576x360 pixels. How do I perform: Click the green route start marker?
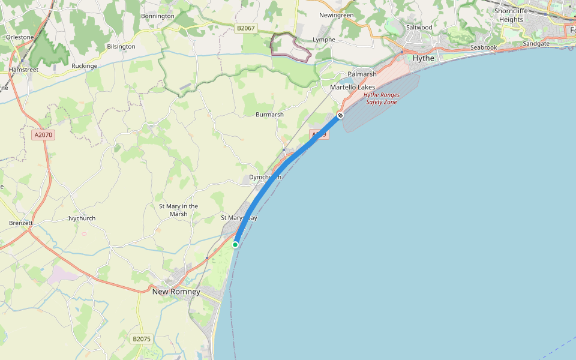pos(236,244)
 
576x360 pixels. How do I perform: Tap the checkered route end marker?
pos(340,115)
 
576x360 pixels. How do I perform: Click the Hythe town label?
pos(424,58)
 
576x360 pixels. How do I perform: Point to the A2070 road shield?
pos(43,135)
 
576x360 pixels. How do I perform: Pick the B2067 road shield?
pos(245,28)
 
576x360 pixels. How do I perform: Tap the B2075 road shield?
pos(141,339)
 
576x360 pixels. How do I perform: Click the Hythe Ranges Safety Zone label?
pos(382,98)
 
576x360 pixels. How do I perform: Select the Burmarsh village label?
pos(269,114)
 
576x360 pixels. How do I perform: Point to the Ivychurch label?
pos(82,218)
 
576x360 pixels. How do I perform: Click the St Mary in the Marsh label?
pos(178,210)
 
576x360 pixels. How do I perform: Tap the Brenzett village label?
pos(21,223)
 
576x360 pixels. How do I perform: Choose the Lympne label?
pos(323,40)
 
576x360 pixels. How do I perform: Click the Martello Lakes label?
pos(352,88)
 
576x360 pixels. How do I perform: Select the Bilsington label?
pos(121,46)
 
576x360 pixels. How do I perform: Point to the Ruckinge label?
pos(84,66)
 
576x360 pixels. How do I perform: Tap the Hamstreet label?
pos(23,70)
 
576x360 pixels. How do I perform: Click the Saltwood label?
pos(419,28)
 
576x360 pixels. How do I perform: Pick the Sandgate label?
pos(536,44)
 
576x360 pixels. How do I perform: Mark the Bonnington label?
pos(157,16)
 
